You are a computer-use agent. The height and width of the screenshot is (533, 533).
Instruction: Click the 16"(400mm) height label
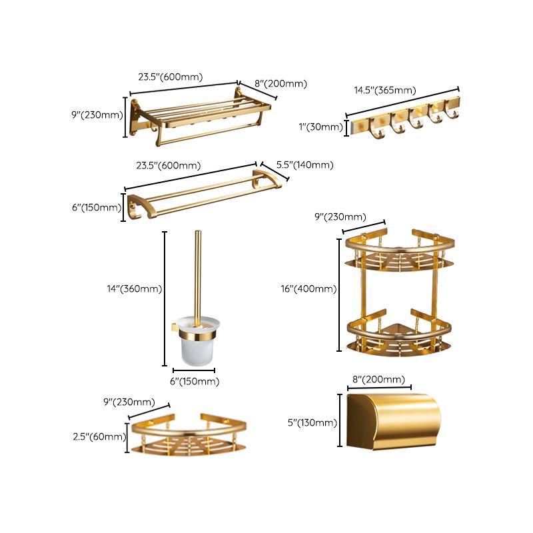coord(308,288)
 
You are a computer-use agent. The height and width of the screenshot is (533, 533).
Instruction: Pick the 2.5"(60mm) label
coord(99,437)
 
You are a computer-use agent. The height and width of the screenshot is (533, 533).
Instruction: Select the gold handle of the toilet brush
coord(198,273)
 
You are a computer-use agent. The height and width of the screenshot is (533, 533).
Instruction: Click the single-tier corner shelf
coord(188,436)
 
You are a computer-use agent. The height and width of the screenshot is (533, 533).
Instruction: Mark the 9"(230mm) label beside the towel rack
coord(97,115)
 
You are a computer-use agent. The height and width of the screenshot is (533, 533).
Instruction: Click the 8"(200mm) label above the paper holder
coord(378,380)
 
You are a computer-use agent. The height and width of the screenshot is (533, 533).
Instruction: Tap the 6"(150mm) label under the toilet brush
coord(194,382)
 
